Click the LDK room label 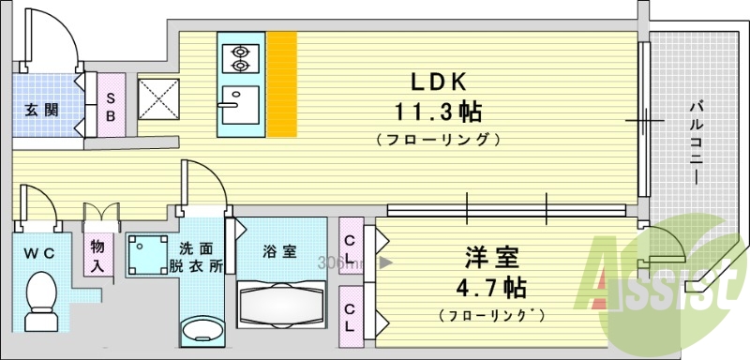click(x=436, y=82)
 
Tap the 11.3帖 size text click(x=437, y=112)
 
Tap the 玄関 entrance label click(x=41, y=110)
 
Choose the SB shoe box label click(x=111, y=105)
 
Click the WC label click(x=38, y=251)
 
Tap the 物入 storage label click(x=97, y=255)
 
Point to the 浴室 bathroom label click(x=279, y=251)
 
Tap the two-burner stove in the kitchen click(x=241, y=57)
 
